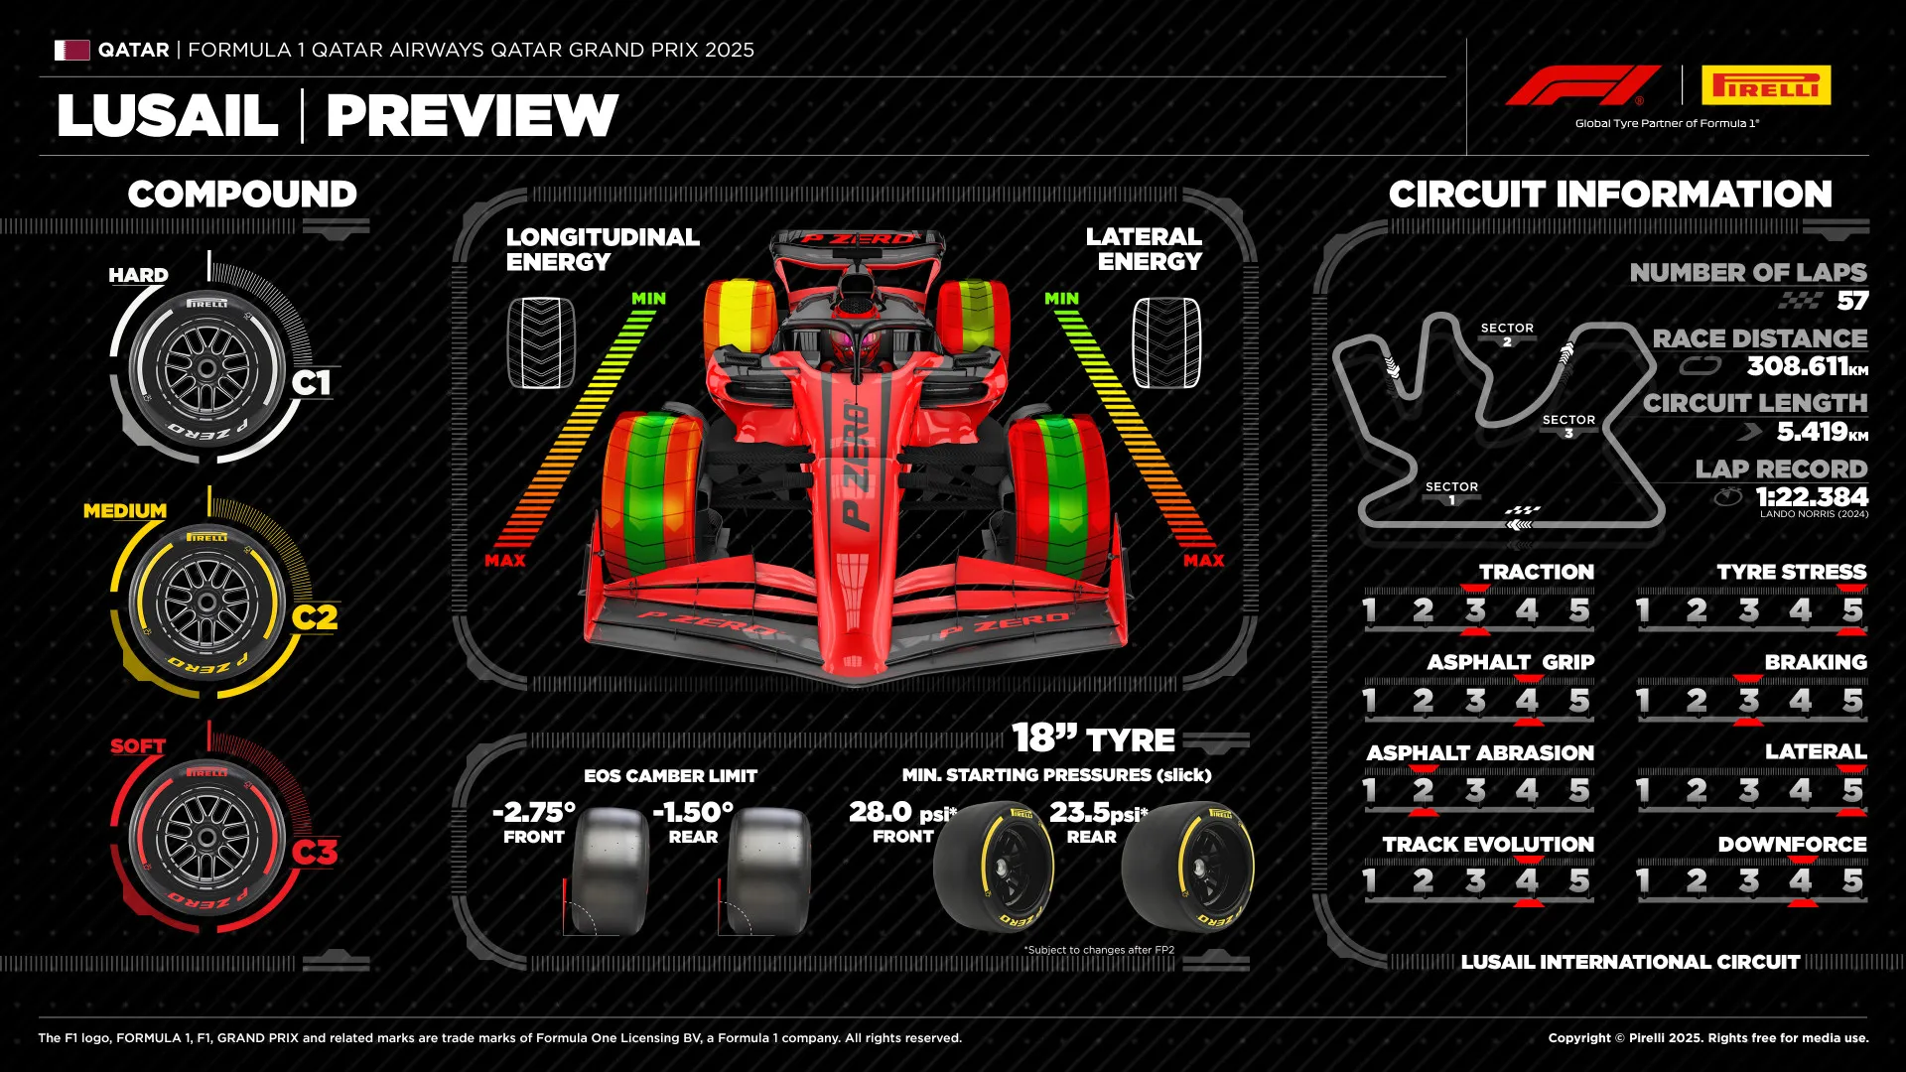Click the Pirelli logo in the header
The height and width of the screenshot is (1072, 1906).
1765,85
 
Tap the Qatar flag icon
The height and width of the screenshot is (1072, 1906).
71,50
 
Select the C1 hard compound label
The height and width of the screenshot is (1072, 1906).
311,383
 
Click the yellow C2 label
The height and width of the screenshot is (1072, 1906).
314,617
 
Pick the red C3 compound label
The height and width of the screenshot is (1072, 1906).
314,852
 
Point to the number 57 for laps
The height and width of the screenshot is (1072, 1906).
1851,301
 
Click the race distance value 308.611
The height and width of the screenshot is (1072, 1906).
1797,366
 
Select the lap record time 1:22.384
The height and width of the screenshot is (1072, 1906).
1811,496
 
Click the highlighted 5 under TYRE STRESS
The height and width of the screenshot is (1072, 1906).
1851,609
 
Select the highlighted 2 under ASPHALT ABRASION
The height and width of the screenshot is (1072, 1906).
1423,790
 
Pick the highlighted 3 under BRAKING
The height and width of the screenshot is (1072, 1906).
1748,701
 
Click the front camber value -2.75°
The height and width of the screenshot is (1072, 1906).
533,812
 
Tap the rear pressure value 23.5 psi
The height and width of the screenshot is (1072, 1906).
1096,812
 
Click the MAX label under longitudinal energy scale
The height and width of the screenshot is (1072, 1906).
505,561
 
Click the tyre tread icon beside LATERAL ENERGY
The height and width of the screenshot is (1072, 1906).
1165,343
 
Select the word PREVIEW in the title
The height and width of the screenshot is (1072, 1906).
472,116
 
